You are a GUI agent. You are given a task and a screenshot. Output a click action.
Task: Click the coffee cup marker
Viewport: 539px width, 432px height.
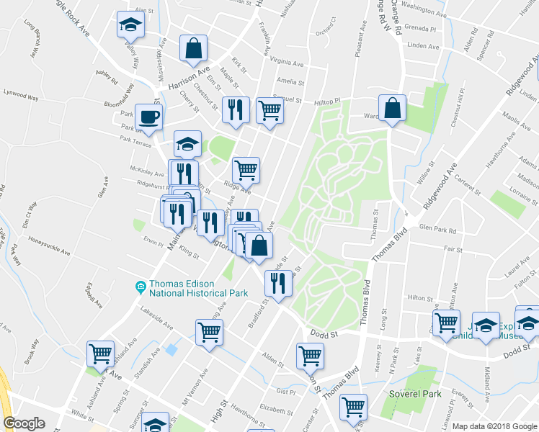(148, 117)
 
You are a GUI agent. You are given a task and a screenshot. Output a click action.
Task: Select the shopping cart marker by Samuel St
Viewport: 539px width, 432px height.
(269, 111)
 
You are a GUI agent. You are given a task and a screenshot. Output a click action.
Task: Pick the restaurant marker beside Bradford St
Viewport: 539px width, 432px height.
(277, 284)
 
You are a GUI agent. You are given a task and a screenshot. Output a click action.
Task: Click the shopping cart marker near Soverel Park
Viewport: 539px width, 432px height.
(353, 408)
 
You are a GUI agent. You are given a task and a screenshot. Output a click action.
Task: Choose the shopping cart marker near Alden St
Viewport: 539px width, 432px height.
(310, 355)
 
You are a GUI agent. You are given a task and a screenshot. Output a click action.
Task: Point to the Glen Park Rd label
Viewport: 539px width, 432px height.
(437, 229)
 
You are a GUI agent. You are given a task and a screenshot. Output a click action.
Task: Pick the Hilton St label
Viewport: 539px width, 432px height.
(419, 297)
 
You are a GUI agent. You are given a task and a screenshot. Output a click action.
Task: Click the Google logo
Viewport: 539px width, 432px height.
(24, 423)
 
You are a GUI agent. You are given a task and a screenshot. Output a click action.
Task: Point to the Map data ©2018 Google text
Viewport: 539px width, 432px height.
(494, 426)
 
